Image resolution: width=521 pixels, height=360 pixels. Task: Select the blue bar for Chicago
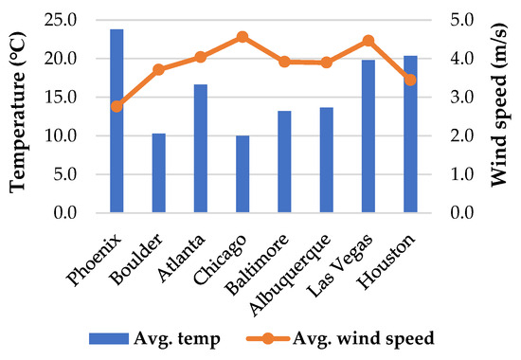point(243,174)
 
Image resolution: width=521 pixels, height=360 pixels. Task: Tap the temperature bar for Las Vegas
point(368,136)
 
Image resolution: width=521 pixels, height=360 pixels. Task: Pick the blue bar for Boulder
point(158,173)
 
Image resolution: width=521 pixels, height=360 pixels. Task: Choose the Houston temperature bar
point(410,135)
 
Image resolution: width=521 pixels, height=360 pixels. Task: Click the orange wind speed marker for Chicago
point(243,37)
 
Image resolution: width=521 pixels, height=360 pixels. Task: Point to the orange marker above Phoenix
point(117,106)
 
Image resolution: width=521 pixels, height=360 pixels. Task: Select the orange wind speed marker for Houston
point(410,80)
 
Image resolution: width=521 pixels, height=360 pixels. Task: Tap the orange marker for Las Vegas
point(368,41)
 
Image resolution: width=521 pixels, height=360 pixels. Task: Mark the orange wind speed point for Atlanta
point(200,57)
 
